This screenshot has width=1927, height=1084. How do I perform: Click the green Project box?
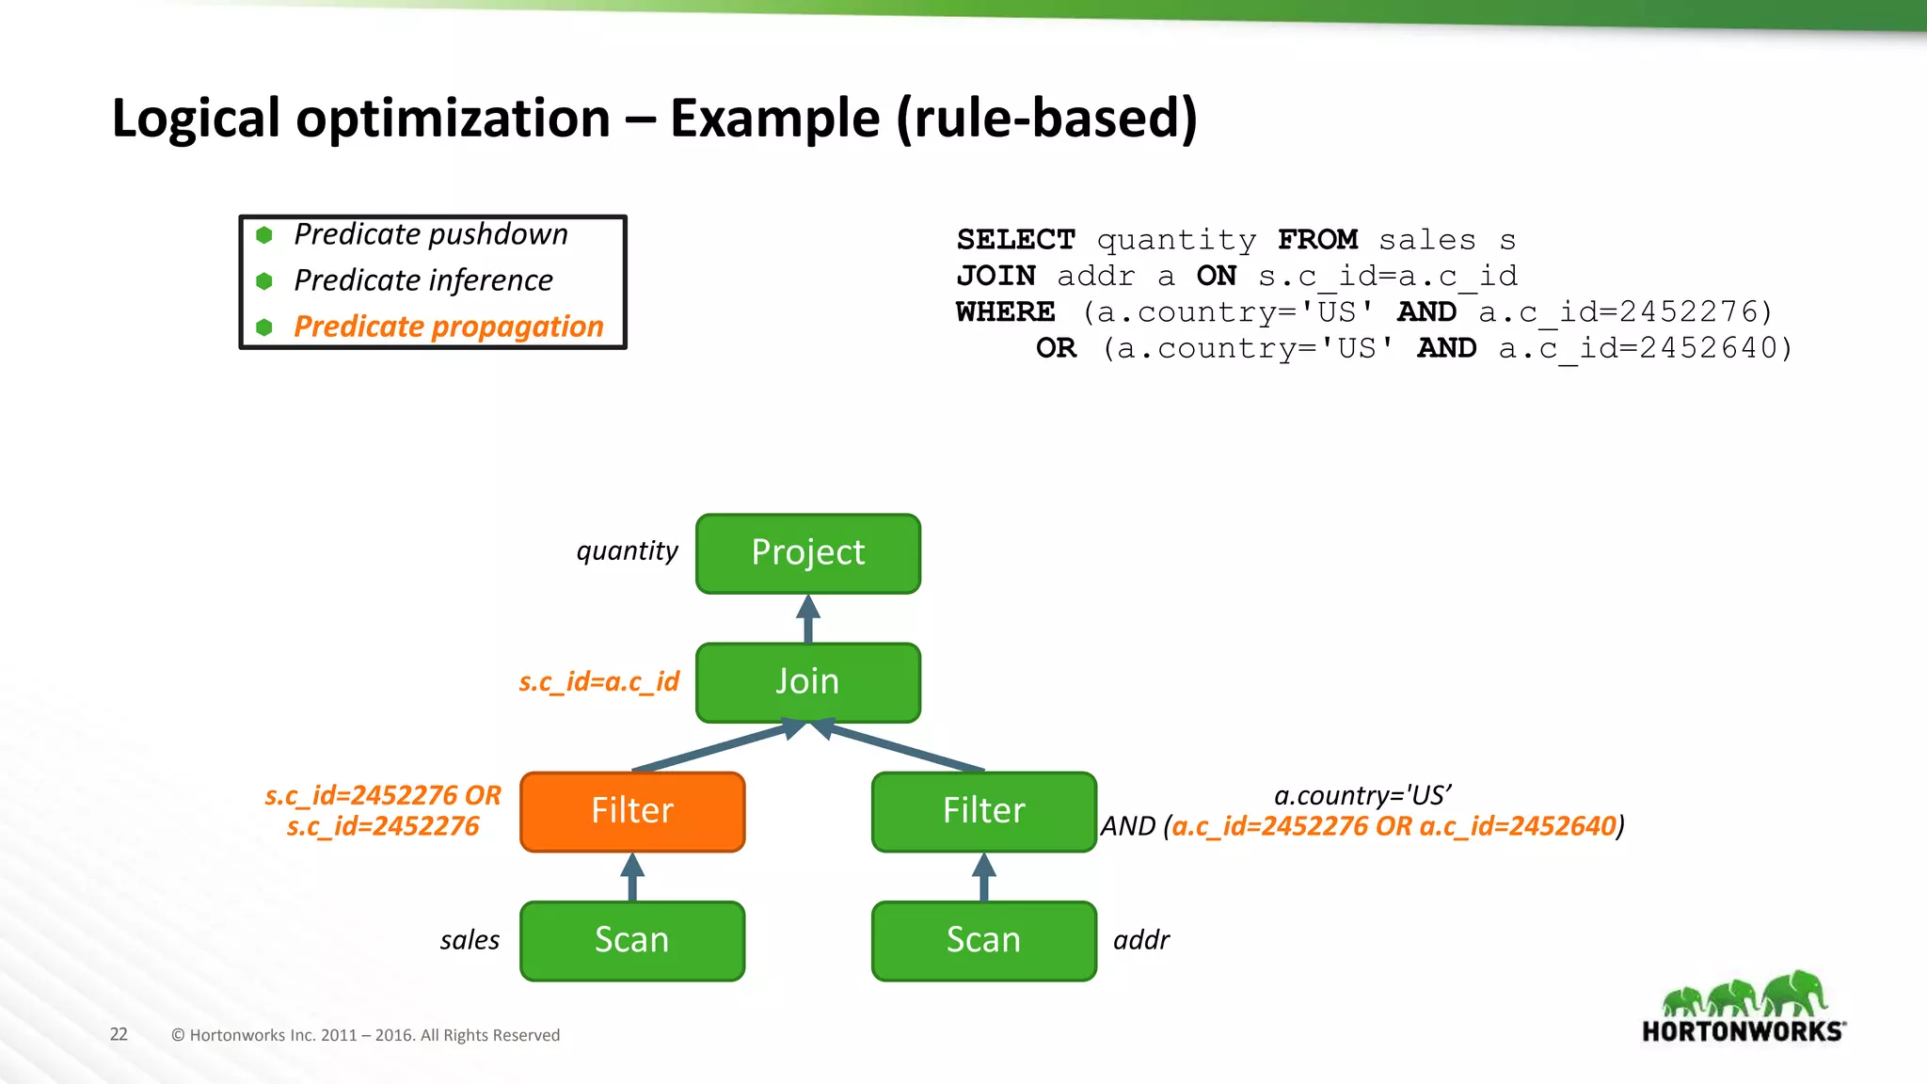(x=808, y=553)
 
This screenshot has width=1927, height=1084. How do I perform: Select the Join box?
(x=808, y=682)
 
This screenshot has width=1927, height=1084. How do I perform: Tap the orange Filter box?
(x=632, y=811)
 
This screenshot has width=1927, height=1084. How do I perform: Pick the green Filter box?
(x=984, y=811)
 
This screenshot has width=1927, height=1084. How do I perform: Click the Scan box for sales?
(x=632, y=940)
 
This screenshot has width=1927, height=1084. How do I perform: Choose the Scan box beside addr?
(x=984, y=940)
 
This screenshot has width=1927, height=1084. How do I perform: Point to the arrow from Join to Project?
(x=808, y=618)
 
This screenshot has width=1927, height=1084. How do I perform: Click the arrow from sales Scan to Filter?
(x=632, y=877)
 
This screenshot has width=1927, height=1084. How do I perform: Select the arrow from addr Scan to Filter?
(x=984, y=877)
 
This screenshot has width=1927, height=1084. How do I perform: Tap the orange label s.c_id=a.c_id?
(x=598, y=681)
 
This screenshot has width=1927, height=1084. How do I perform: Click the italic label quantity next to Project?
(x=627, y=550)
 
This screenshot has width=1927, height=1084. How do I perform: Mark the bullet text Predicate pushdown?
(x=430, y=234)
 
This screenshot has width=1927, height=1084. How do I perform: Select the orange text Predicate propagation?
(x=448, y=327)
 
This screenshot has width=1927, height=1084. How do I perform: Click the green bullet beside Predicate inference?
(x=264, y=281)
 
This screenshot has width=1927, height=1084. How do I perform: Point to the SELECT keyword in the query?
(x=1015, y=240)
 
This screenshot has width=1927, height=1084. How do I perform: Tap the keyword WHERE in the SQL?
(x=1005, y=311)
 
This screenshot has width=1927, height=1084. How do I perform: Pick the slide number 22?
(x=119, y=1034)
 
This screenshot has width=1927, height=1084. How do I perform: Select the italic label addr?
(x=1141, y=940)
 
